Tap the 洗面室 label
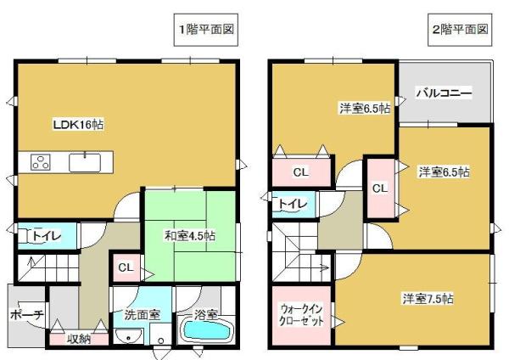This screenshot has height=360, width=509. point(142,313)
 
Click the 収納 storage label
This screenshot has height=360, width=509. point(81,337)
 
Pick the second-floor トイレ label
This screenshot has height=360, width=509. point(293,203)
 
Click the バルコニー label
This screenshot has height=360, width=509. point(444,93)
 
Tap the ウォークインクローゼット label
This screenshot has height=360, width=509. point(301,316)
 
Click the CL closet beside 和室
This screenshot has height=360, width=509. point(126,268)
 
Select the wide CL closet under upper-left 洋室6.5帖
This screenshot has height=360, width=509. point(299,172)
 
